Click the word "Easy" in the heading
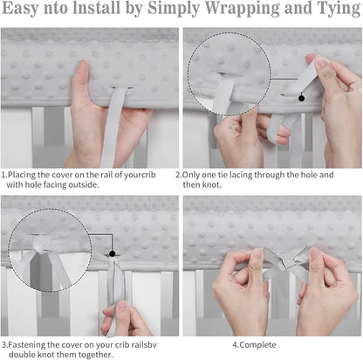20,9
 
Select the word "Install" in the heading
97,8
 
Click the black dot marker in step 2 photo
301,98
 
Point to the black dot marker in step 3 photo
112,253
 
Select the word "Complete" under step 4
257,345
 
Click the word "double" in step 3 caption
22,355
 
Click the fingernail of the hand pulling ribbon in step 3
122,306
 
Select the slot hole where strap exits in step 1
121,87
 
